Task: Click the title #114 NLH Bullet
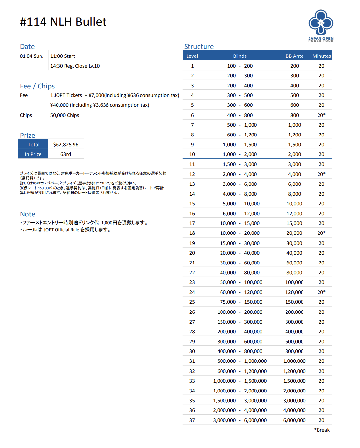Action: coord(63,22)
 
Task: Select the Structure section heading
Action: coord(199,47)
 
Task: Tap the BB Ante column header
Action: coord(294,56)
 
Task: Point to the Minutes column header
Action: coord(321,56)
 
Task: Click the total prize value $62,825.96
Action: coord(66,145)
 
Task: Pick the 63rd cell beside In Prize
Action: coord(66,154)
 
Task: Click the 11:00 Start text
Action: coord(62,56)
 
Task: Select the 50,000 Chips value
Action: coord(65,115)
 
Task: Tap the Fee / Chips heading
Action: coord(37,86)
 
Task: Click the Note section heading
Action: coord(27,214)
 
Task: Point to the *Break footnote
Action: coord(322,430)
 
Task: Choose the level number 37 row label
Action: coord(192,420)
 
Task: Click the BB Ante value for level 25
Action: coord(294,302)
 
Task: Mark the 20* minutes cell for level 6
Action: coord(321,115)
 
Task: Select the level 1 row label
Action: coord(192,66)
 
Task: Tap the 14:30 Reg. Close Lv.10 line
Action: coord(75,66)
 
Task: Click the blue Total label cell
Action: coord(33,145)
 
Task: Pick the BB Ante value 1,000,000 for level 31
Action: coord(294,361)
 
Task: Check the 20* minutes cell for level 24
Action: coord(321,292)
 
